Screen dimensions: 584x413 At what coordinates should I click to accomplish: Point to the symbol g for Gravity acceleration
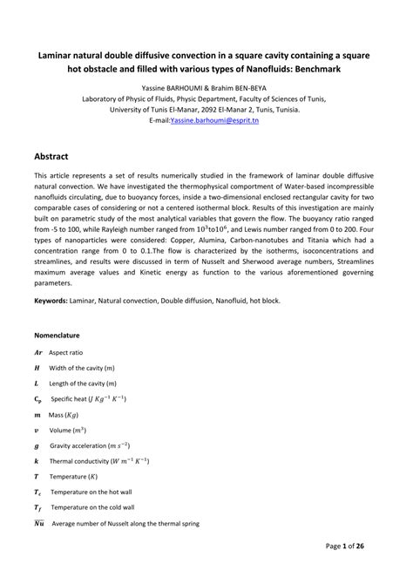pos(36,445)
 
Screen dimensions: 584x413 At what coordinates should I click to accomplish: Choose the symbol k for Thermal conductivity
pos(36,460)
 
